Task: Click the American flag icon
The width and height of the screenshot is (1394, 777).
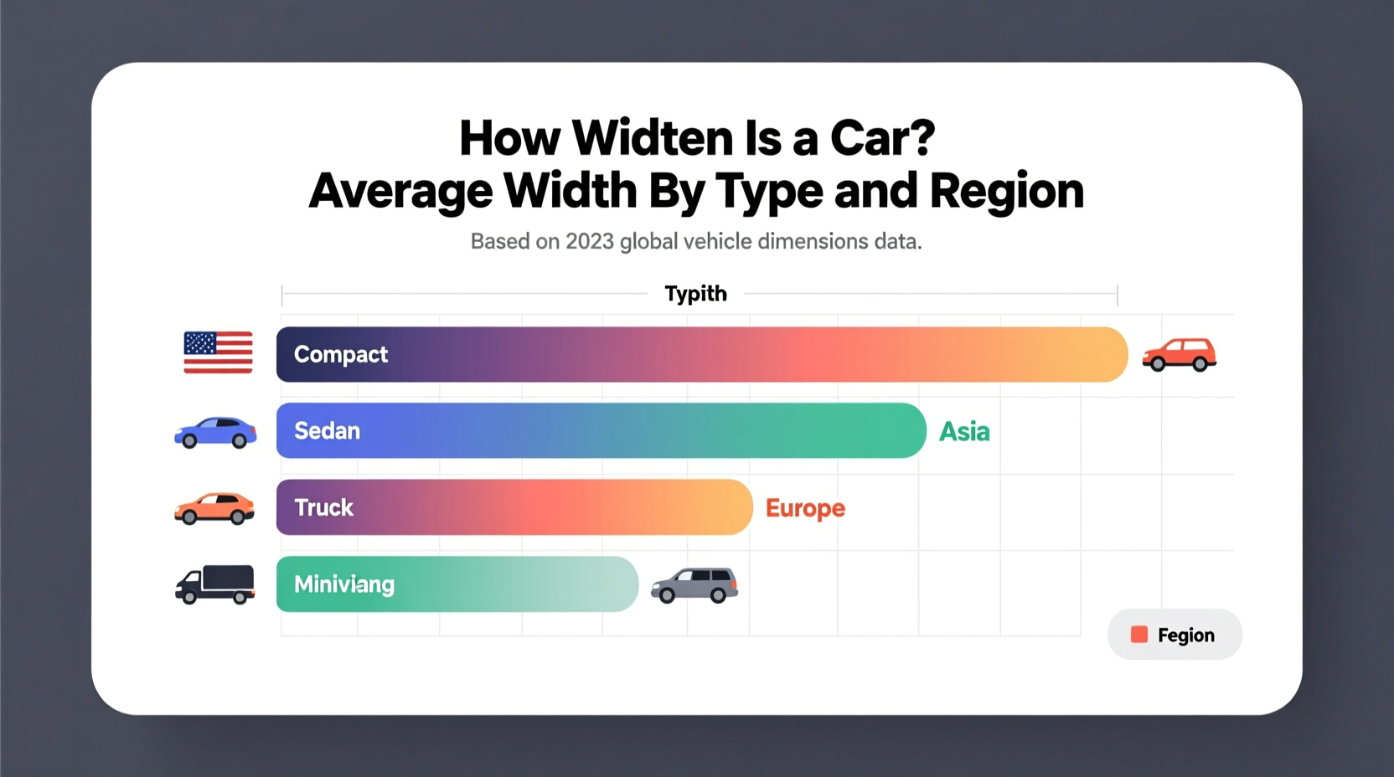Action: (x=218, y=352)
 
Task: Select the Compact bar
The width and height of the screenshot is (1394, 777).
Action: (x=702, y=355)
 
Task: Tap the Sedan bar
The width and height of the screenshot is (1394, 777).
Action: (x=601, y=430)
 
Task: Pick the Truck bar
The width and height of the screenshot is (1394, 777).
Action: (x=514, y=507)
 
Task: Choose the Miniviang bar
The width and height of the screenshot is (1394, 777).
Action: (x=457, y=584)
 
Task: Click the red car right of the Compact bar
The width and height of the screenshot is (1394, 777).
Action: (x=1180, y=354)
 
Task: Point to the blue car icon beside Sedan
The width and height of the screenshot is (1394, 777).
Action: (x=215, y=432)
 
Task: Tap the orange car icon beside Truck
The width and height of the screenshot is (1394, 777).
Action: (x=214, y=508)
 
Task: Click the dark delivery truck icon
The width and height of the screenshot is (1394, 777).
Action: (x=215, y=584)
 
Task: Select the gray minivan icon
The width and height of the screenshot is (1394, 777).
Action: (x=694, y=584)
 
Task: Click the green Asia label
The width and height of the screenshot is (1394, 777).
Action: (x=964, y=432)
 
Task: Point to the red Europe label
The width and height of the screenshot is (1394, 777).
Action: (x=805, y=508)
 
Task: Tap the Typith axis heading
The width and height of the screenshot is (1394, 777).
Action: (x=695, y=294)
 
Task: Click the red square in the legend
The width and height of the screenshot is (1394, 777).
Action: (x=1139, y=635)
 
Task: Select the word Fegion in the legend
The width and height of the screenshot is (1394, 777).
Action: (x=1185, y=635)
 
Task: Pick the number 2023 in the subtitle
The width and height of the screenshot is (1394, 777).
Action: (x=590, y=242)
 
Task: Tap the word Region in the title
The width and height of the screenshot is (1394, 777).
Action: (x=1006, y=191)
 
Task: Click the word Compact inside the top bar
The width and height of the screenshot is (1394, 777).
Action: (x=341, y=355)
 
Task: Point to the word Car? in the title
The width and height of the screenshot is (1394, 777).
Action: (x=882, y=138)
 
